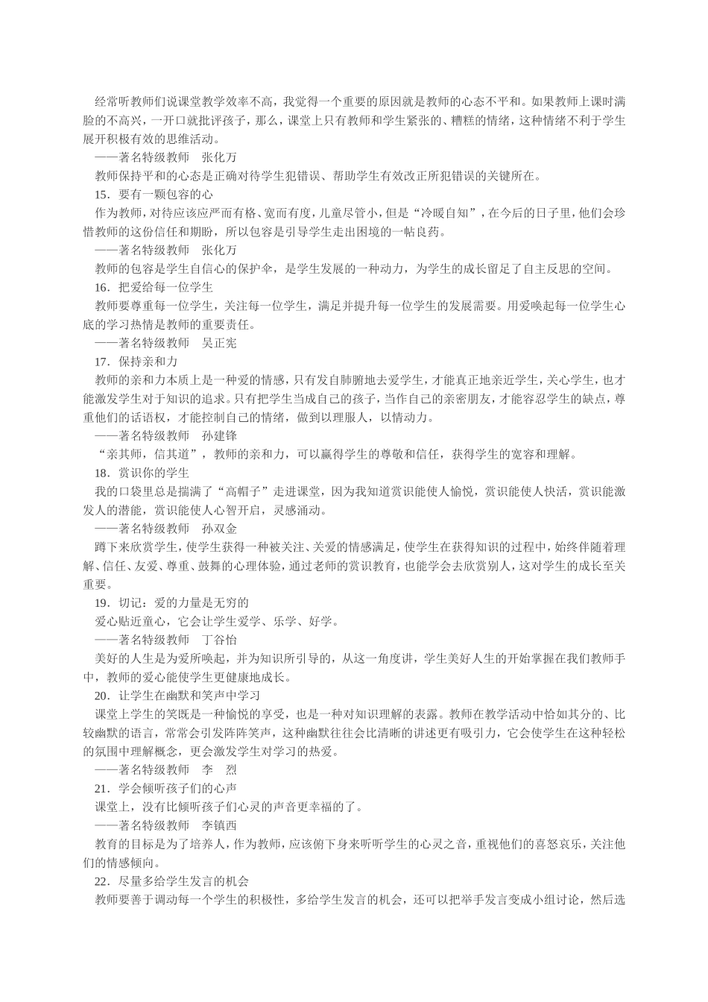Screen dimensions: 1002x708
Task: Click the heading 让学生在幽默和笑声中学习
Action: click(x=189, y=695)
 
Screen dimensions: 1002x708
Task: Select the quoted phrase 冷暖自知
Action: click(x=453, y=213)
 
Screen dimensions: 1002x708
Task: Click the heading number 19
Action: click(x=101, y=602)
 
